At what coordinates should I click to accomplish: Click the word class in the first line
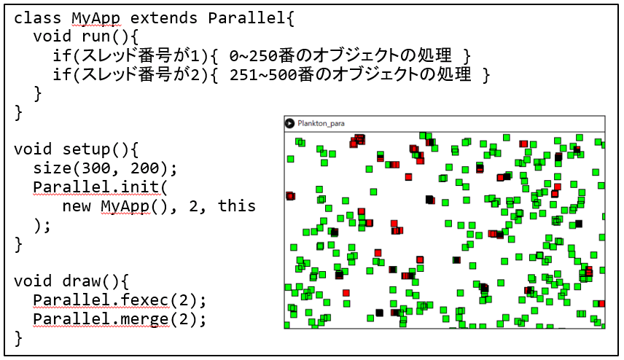pos(37,18)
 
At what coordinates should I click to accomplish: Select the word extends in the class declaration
pos(163,18)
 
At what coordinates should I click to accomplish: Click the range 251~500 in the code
pos(263,75)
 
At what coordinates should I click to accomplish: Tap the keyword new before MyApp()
pos(77,206)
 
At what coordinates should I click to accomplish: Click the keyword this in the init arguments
pos(237,206)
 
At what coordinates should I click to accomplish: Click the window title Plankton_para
pos(321,124)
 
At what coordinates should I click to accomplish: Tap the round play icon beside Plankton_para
pos(289,124)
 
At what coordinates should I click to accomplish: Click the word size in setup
pos(52,168)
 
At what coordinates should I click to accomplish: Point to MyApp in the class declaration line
pos(96,19)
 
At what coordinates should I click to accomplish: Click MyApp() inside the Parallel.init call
pos(135,207)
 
